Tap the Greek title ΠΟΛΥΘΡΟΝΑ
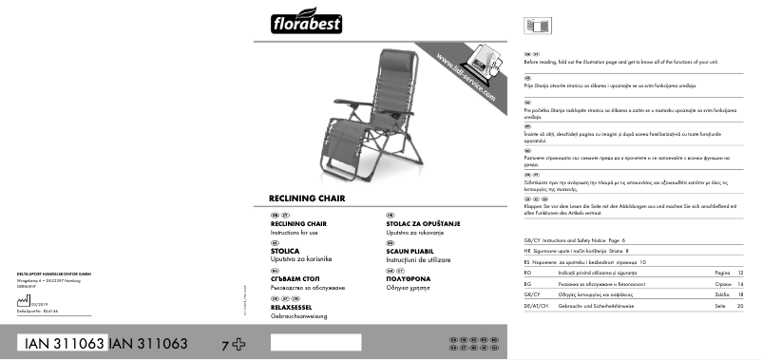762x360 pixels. coord(400,278)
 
